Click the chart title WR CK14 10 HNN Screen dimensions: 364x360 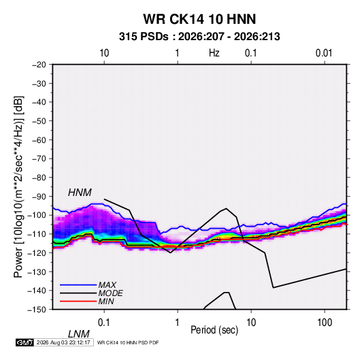pyautogui.click(x=199, y=19)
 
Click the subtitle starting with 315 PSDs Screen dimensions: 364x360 pyautogui.click(x=199, y=37)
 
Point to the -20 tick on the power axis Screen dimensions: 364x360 pyautogui.click(x=39, y=65)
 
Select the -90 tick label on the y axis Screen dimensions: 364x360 pyautogui.click(x=39, y=196)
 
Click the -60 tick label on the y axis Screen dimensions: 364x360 pyautogui.click(x=39, y=140)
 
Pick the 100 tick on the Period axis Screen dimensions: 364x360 pyautogui.click(x=325, y=323)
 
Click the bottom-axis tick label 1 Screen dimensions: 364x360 pyautogui.click(x=178, y=323)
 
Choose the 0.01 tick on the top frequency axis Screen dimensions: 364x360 pyautogui.click(x=324, y=53)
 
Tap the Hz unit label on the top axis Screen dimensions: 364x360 pyautogui.click(x=214, y=53)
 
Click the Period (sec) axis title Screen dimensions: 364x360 pyautogui.click(x=214, y=330)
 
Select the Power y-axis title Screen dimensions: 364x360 pyautogui.click(x=18, y=186)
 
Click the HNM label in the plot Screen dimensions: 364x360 pyautogui.click(x=80, y=193)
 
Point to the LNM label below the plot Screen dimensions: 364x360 pyautogui.click(x=78, y=334)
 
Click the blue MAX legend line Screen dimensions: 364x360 pyautogui.click(x=78, y=284)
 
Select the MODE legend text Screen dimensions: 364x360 pyautogui.click(x=110, y=293)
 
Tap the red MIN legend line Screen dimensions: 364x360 pyautogui.click(x=78, y=301)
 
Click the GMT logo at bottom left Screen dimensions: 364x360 pyautogui.click(x=24, y=342)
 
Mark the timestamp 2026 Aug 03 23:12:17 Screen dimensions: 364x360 pyautogui.click(x=63, y=342)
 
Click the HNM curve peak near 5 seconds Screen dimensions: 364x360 pyautogui.click(x=226, y=208)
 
